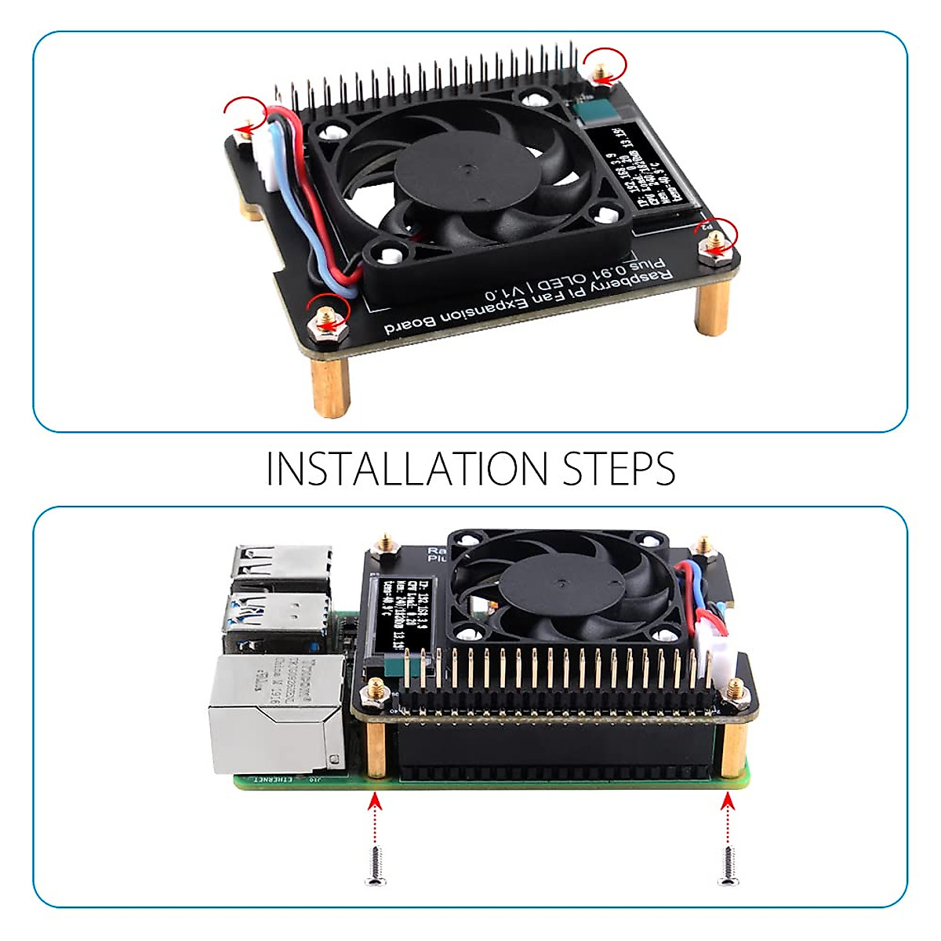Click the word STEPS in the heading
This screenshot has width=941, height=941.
point(619,468)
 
